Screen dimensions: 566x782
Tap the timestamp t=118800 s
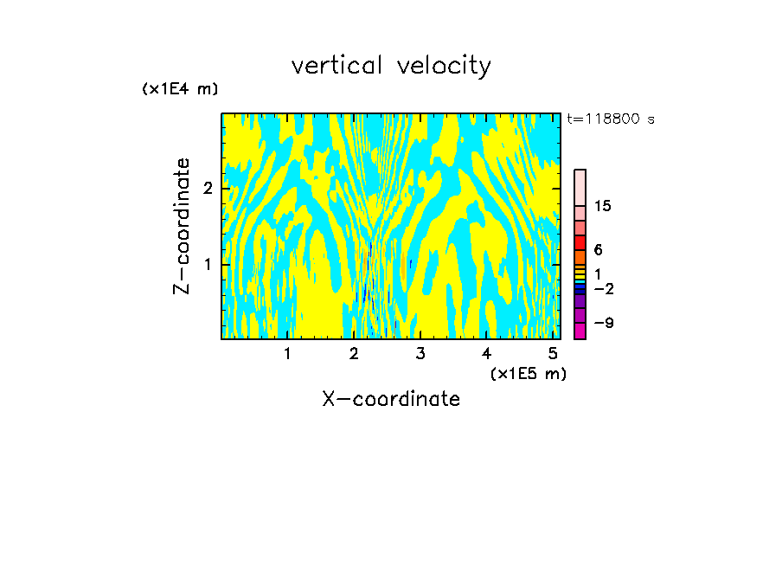coord(610,119)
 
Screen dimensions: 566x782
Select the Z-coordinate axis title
coord(182,226)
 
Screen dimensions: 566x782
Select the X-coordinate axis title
coord(391,399)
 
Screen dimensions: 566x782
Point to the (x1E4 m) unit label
coord(180,89)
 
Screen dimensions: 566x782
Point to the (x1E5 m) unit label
coord(529,373)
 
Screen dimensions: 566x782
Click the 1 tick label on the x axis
coord(288,353)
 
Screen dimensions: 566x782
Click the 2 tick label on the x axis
coord(354,353)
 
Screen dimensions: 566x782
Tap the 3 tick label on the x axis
coord(420,353)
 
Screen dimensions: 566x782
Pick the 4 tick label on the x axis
coord(486,353)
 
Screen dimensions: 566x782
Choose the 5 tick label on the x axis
coord(553,353)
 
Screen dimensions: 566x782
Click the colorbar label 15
coord(603,206)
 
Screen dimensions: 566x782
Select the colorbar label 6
coord(598,250)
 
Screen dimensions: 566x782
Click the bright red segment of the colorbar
coord(580,242)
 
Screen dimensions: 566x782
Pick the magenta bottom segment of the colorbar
coord(580,331)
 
